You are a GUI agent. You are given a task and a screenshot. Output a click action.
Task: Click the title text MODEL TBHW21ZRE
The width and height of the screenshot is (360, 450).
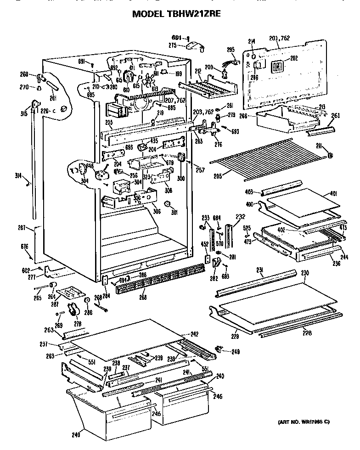pyautogui.click(x=176, y=14)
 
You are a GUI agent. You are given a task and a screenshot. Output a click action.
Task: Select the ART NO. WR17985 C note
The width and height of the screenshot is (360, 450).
pyautogui.click(x=304, y=422)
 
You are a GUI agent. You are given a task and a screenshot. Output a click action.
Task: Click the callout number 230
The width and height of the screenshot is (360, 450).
pyautogui.click(x=304, y=273)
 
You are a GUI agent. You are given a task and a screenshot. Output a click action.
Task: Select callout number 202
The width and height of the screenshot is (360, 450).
pyautogui.click(x=293, y=58)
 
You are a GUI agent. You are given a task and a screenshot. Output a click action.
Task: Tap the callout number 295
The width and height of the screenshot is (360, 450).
pyautogui.click(x=231, y=49)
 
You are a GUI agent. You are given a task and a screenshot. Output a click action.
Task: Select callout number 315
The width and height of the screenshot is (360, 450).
pyautogui.click(x=29, y=113)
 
